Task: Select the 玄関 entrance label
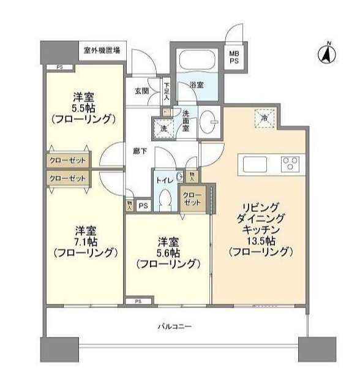[141, 91]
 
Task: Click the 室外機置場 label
[102, 50]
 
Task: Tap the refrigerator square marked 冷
[265, 118]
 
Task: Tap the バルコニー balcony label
[174, 326]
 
